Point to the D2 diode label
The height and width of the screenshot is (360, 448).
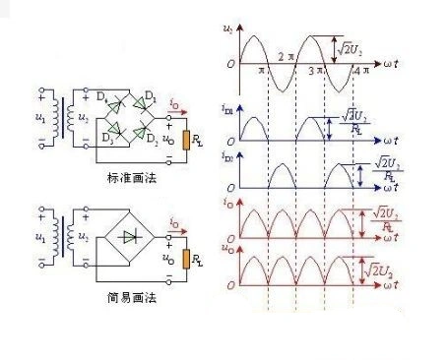point(152,138)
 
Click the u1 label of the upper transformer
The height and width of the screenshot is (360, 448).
point(40,118)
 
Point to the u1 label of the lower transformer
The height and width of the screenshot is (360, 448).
point(40,238)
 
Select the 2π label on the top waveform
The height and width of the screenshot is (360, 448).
point(287,56)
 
